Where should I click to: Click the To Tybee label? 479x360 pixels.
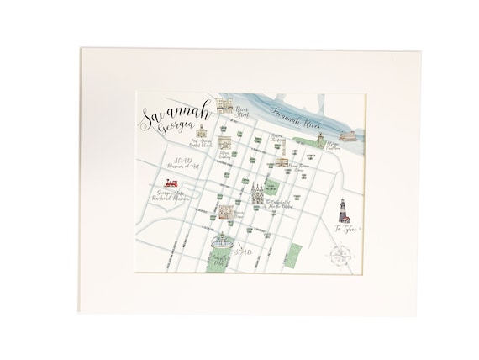point(343,228)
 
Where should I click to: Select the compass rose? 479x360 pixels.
point(341,252)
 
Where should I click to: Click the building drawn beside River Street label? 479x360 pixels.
point(224,104)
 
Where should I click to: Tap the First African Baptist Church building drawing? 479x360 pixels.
point(202,133)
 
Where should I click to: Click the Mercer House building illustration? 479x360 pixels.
point(226,211)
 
